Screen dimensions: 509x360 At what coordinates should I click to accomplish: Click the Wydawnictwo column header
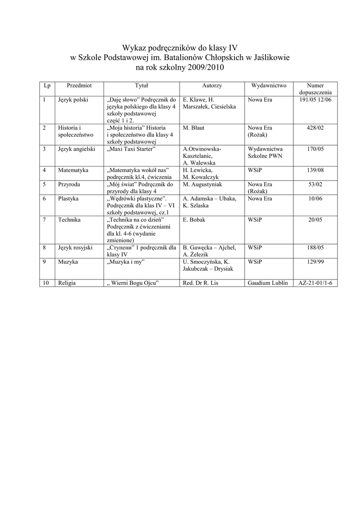pyautogui.click(x=269, y=85)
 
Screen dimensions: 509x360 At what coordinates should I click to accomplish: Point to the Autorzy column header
pyautogui.click(x=212, y=85)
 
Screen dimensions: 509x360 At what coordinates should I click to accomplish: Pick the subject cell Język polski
pyautogui.click(x=73, y=100)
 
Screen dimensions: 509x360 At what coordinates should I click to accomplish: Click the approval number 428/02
pyautogui.click(x=315, y=128)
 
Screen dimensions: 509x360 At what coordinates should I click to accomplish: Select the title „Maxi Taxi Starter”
pyautogui.click(x=132, y=149)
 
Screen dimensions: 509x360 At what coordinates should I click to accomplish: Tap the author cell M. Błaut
pyautogui.click(x=194, y=128)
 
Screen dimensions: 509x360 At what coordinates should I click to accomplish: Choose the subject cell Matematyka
pyautogui.click(x=73, y=170)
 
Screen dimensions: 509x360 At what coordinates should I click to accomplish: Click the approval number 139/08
pyautogui.click(x=315, y=170)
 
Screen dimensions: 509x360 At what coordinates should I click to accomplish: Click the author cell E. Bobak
pyautogui.click(x=194, y=219)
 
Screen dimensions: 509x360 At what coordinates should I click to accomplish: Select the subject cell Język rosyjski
pyautogui.click(x=76, y=247)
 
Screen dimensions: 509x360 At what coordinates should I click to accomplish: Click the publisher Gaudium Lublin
pyautogui.click(x=268, y=283)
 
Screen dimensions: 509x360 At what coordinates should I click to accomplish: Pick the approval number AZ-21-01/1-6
pyautogui.click(x=315, y=283)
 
